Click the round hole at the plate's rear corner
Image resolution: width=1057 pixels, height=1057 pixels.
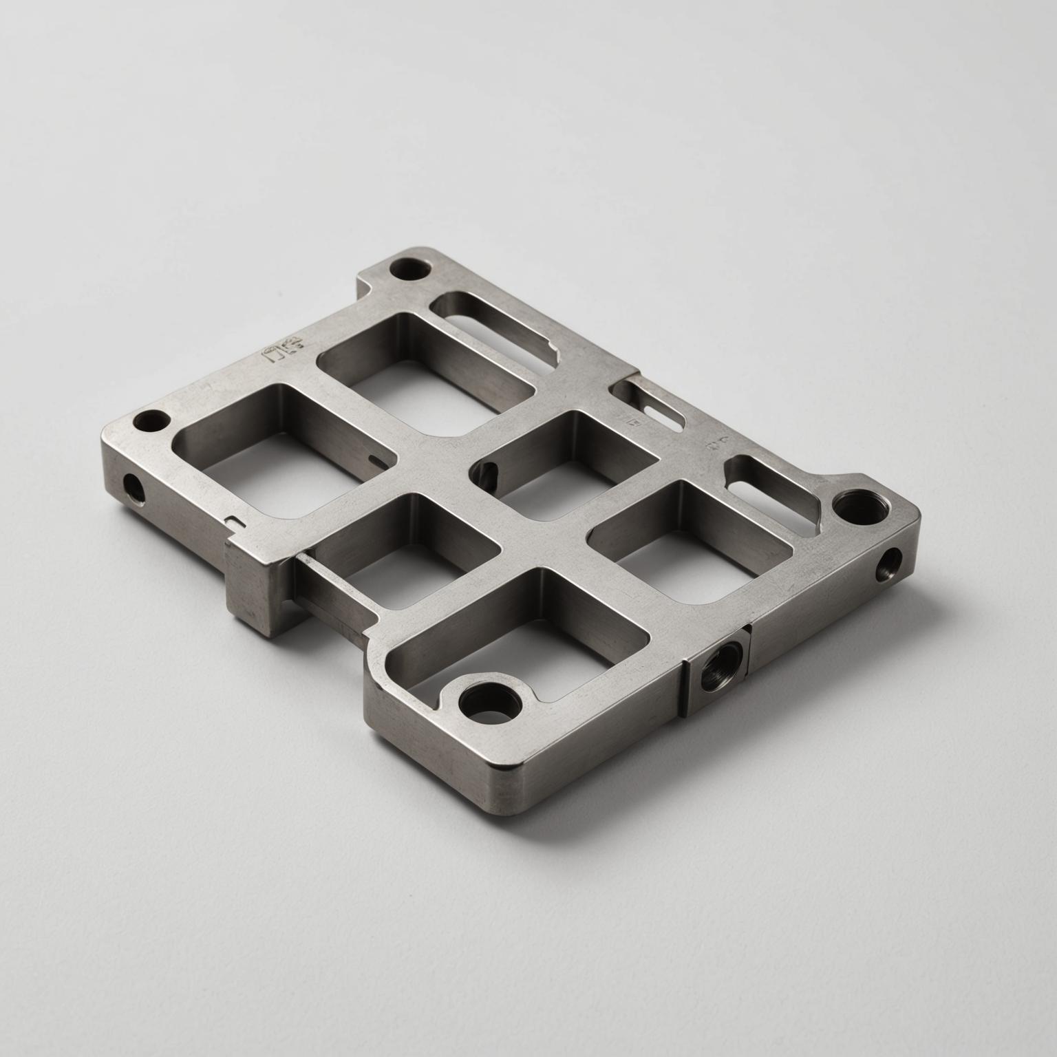click(406, 268)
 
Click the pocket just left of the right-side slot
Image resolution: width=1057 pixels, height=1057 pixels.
click(688, 544)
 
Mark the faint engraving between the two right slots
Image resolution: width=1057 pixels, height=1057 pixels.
click(720, 440)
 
